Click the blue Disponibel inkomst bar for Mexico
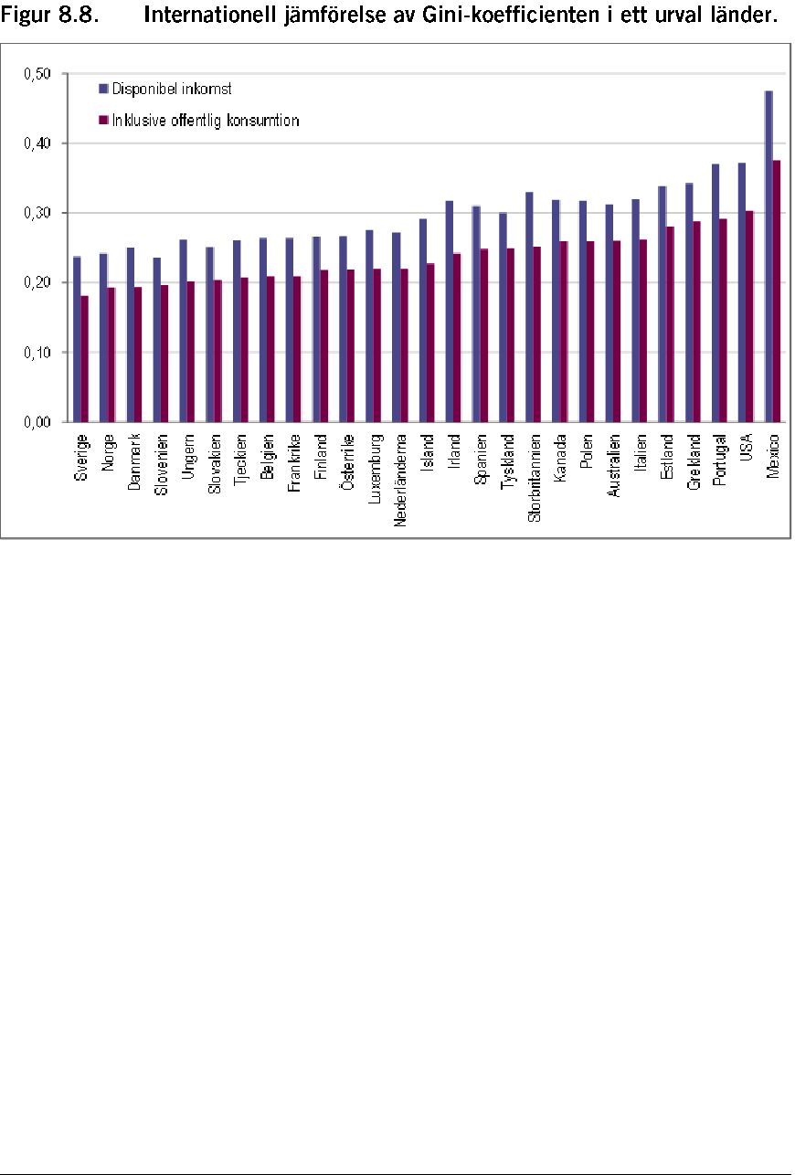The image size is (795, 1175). [768, 256]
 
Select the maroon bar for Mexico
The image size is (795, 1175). [777, 291]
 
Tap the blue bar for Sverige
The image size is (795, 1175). [77, 339]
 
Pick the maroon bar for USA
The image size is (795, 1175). [750, 316]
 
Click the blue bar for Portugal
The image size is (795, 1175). [715, 292]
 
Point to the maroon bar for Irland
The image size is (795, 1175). [457, 337]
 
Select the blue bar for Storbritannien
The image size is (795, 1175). [529, 307]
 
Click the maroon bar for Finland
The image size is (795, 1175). [324, 345]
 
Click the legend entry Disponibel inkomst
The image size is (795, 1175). [165, 89]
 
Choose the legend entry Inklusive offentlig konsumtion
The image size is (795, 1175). [199, 121]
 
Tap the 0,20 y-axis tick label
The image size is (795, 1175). [37, 282]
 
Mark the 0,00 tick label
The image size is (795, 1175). [37, 422]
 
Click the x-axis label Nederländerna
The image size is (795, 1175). [400, 480]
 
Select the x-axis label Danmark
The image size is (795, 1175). [134, 461]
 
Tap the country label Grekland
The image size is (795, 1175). [694, 461]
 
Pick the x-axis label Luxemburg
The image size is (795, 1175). [374, 469]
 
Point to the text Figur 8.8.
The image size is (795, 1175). [50, 16]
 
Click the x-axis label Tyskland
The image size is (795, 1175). [507, 461]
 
